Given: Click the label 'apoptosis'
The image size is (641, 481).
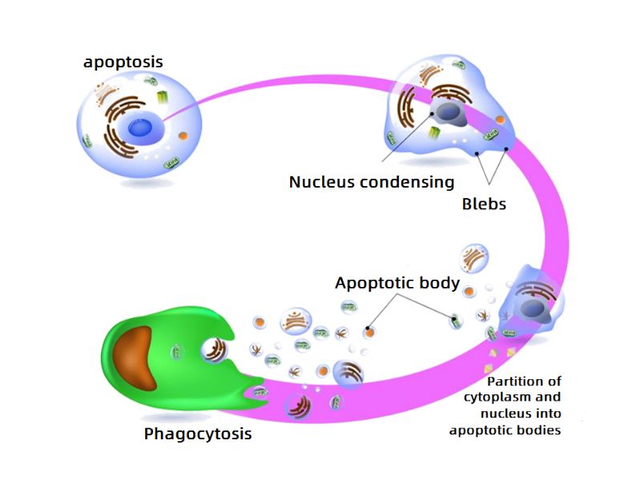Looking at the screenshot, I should click(123, 62).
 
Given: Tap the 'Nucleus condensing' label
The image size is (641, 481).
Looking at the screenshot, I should click(371, 182).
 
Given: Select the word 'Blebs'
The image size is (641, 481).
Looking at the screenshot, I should click(484, 204).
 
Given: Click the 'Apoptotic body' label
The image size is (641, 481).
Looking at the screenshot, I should click(397, 283).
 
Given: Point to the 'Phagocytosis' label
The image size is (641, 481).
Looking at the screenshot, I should click(198, 435).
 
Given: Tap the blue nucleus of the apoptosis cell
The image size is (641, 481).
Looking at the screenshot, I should click(142, 127).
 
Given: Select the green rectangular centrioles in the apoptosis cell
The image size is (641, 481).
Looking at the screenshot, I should click(165, 99).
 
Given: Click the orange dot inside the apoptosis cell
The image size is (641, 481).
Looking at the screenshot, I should click(183, 136).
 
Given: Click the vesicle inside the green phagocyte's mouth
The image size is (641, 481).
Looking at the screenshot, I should click(215, 349).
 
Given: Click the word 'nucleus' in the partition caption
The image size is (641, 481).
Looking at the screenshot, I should click(503, 414).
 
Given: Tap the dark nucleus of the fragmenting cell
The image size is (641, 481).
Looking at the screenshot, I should click(530, 308).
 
